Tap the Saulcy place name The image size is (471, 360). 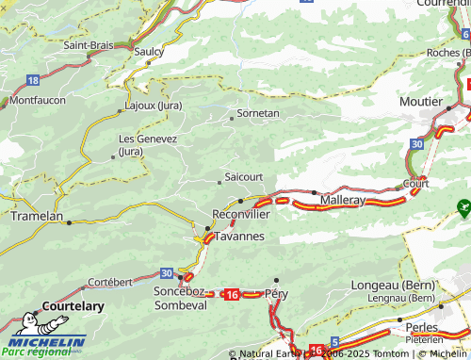(x=150, y=52)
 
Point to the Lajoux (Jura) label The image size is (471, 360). (x=154, y=105)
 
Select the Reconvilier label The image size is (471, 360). (x=241, y=215)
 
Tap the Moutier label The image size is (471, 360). (x=420, y=101)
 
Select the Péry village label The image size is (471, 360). (x=277, y=294)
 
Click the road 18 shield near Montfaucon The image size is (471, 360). (x=33, y=80)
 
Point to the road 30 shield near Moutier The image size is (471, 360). (x=416, y=143)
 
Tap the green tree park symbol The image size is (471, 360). (x=463, y=205)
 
